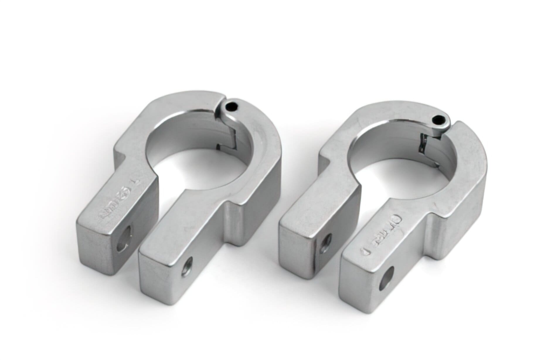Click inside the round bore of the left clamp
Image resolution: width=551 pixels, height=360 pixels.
pos(193,152)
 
